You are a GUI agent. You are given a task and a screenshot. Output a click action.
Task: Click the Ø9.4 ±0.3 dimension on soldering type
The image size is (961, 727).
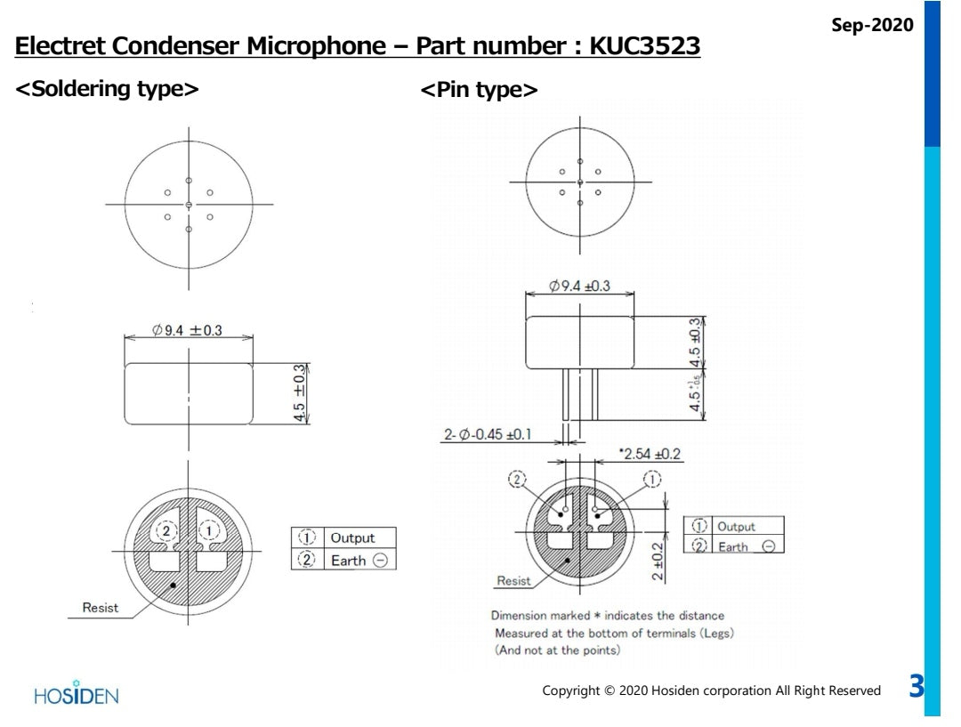[187, 330]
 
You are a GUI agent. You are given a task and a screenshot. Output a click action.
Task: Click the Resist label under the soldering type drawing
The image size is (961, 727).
[100, 609]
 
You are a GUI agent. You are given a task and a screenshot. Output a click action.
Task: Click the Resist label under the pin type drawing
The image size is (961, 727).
[513, 581]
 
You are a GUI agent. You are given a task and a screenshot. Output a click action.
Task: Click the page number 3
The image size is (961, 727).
[916, 687]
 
